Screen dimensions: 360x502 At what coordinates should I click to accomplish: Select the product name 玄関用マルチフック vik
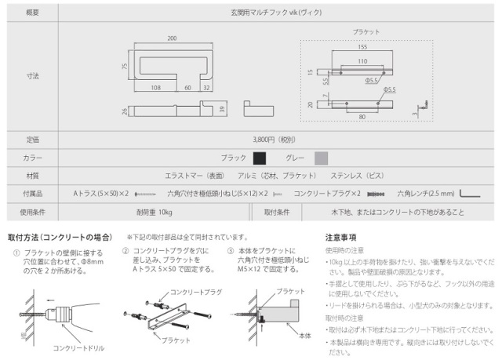[274, 13]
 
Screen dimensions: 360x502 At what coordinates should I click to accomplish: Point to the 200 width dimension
[171, 38]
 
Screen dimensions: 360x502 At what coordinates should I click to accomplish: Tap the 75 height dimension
[125, 67]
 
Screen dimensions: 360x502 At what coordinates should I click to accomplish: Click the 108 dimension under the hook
[155, 88]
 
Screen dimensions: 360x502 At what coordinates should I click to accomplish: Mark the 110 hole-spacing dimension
[361, 60]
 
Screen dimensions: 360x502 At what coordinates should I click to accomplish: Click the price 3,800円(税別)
[275, 140]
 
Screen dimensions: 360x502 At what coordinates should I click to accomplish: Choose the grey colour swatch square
[321, 158]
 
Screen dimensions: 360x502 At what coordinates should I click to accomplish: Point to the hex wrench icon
[469, 193]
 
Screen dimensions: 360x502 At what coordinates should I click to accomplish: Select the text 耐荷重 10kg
[155, 212]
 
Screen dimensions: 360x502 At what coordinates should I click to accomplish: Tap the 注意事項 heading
[341, 236]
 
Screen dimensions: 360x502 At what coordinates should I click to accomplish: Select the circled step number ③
[231, 252]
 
